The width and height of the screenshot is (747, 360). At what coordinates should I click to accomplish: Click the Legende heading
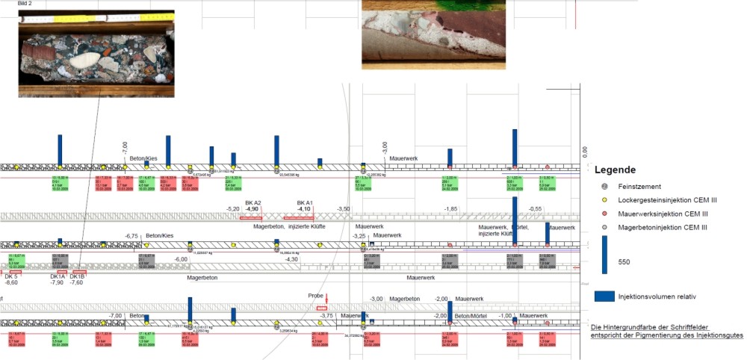615,170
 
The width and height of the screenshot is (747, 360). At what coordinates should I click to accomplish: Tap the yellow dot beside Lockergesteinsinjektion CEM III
605,199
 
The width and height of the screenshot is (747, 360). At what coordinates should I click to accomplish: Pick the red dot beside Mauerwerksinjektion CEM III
605,213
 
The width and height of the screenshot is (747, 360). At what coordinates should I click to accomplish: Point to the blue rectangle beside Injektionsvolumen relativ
604,297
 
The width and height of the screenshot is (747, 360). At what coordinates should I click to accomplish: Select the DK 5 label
10,276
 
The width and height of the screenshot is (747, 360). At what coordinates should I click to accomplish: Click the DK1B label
77,276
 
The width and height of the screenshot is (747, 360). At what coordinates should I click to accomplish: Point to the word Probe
316,296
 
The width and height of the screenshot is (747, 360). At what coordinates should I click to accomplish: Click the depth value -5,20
232,209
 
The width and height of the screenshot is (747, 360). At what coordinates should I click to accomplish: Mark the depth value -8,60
11,283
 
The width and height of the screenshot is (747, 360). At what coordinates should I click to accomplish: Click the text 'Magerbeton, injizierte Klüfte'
289,226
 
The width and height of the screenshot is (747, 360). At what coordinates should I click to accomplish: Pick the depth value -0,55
535,209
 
